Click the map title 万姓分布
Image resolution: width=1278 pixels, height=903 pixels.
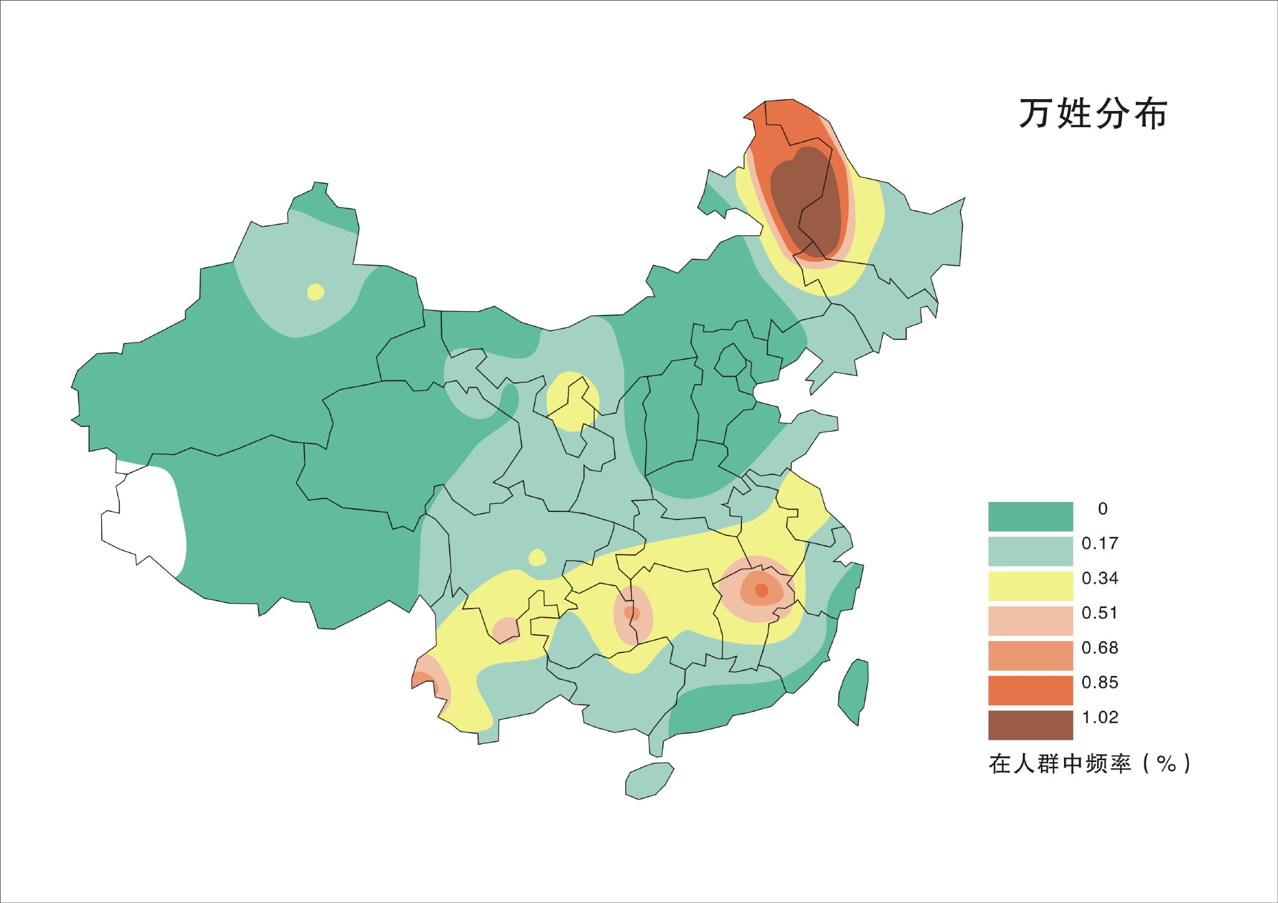pyautogui.click(x=1093, y=113)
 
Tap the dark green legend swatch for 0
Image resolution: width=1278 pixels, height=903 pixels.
pyautogui.click(x=1030, y=516)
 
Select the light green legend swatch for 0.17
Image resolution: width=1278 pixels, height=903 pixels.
pyautogui.click(x=1030, y=551)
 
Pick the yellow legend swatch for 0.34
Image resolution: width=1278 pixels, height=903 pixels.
pyautogui.click(x=1030, y=586)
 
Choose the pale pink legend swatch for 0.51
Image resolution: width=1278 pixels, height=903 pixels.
pyautogui.click(x=1030, y=621)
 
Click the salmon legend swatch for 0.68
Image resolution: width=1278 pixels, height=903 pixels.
pyautogui.click(x=1030, y=655)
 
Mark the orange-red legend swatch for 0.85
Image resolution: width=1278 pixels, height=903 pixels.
pyautogui.click(x=1030, y=690)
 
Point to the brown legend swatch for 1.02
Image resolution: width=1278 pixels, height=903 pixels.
pyautogui.click(x=1030, y=725)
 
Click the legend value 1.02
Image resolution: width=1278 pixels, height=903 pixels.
pyautogui.click(x=1100, y=717)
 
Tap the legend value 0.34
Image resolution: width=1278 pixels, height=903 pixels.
pyautogui.click(x=1100, y=578)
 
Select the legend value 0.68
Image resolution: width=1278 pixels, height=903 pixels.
pyautogui.click(x=1100, y=648)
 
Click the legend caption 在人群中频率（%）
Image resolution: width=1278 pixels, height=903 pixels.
pyautogui.click(x=1090, y=763)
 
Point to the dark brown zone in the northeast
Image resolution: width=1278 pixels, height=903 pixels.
pyautogui.click(x=805, y=193)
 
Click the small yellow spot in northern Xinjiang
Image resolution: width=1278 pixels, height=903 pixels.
pyautogui.click(x=316, y=292)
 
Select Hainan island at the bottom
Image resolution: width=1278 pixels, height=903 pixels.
pyautogui.click(x=649, y=781)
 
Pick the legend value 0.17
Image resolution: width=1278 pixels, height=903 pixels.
pyautogui.click(x=1100, y=543)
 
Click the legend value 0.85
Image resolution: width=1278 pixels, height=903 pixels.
pyautogui.click(x=1100, y=682)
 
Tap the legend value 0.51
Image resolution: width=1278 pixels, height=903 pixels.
pyautogui.click(x=1100, y=613)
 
